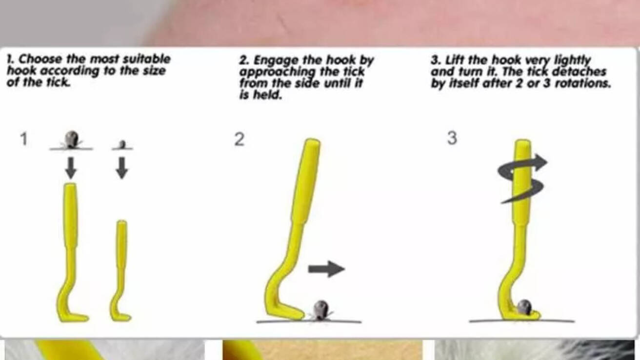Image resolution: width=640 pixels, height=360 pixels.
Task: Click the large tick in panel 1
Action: (71, 140)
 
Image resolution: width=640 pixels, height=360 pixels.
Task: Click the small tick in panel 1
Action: (122, 144)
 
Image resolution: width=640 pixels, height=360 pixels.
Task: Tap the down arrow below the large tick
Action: (71, 167)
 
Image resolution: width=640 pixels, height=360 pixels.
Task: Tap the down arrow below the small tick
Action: (122, 168)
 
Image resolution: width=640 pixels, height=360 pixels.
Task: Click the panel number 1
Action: (24, 139)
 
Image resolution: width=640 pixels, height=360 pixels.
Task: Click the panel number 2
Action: (240, 140)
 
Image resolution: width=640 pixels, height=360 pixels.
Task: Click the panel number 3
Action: (452, 138)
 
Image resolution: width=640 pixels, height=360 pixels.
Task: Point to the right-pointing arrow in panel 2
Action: (326, 269)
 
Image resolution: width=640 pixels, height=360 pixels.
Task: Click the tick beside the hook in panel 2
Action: (321, 310)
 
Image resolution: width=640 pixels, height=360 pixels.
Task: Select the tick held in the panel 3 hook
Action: (524, 307)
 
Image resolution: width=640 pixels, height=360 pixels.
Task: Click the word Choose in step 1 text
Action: (40, 60)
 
